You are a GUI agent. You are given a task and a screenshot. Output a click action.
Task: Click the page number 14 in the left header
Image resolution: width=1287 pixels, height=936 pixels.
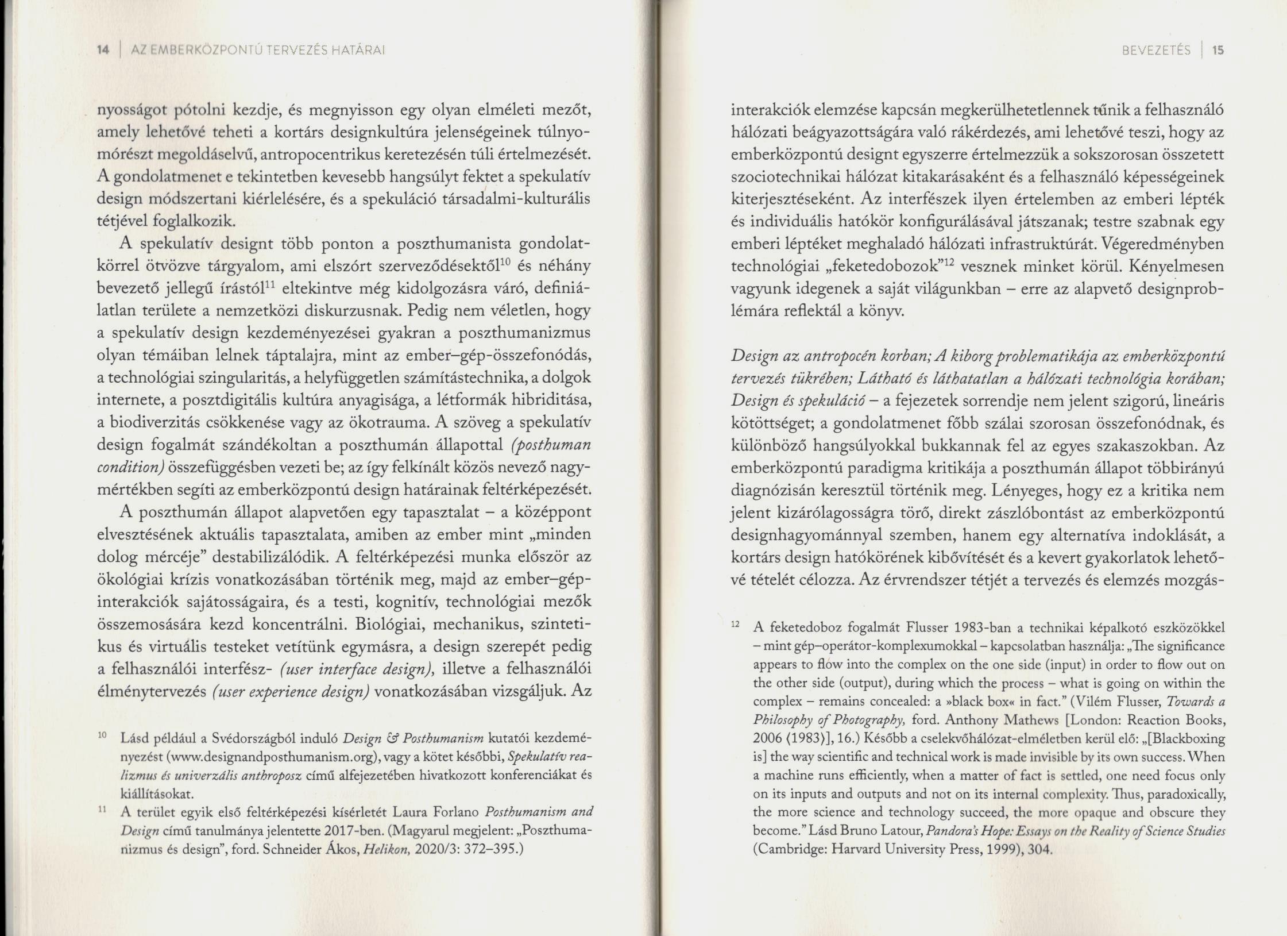[x=103, y=51]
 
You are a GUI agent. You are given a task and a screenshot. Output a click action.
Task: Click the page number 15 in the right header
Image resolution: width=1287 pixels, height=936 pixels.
[x=1218, y=51]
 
